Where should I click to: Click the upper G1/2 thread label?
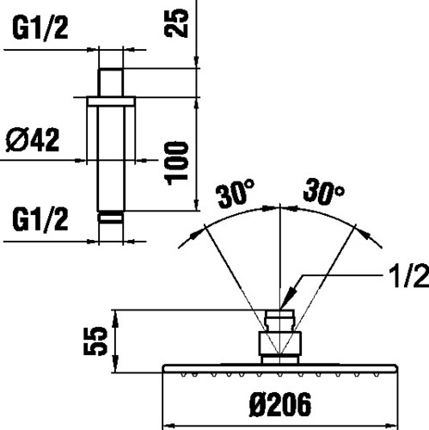[40, 28]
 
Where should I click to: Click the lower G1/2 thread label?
[40, 220]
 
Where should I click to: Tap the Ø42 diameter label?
[33, 140]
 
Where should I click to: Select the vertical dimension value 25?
[176, 22]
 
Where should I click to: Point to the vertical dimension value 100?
[176, 163]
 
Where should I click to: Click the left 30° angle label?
[236, 193]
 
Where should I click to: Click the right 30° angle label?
[324, 190]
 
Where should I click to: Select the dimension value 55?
[95, 341]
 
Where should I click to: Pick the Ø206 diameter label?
[280, 404]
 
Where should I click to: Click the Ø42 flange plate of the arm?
[111, 101]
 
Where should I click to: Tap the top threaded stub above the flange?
[111, 83]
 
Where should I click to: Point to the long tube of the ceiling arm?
[111, 159]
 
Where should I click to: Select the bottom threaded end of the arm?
[111, 217]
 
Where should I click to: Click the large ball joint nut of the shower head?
[280, 343]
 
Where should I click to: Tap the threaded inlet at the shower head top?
[279, 320]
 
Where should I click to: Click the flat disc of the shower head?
[280, 369]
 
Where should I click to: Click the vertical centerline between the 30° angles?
[280, 284]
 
